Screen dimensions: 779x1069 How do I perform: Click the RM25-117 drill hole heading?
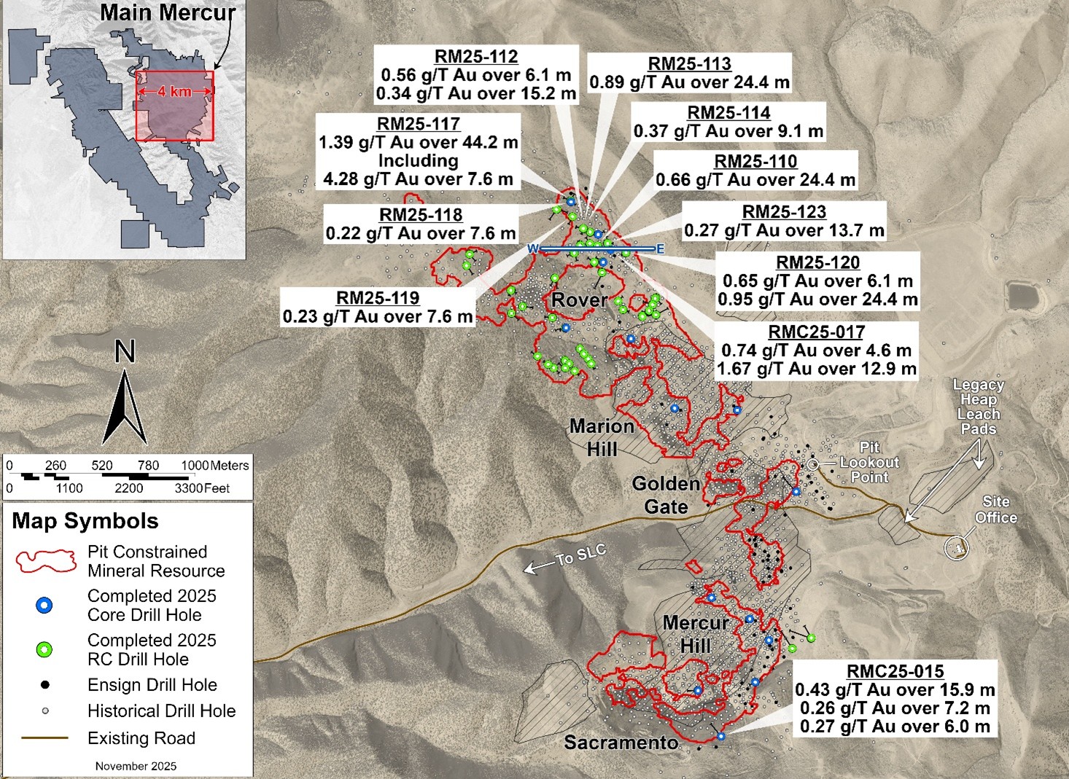pos(419,124)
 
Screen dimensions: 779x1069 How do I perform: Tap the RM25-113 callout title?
pos(689,64)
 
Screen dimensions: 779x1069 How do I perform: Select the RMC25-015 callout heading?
pos(895,671)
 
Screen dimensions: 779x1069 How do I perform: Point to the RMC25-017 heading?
pos(816,332)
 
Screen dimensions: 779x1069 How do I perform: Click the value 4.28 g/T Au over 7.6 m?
pos(419,179)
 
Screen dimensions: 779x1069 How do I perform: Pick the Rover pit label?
pos(580,300)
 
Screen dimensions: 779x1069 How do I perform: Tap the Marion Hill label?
pos(602,437)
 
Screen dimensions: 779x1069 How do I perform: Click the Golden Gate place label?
pos(666,495)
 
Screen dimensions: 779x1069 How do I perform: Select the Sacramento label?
pos(621,743)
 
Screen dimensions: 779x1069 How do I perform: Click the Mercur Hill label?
pos(696,634)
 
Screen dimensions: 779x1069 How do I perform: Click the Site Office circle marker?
pos(958,547)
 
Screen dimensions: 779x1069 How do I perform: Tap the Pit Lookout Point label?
pos(869,462)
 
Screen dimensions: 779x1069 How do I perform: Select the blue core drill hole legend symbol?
pos(44,606)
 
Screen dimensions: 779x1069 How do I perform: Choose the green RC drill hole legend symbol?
pos(44,650)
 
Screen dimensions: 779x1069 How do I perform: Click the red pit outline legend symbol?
pos(46,561)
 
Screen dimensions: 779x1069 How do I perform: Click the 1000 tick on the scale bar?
pos(193,466)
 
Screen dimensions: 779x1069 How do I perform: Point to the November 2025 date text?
pos(136,766)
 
